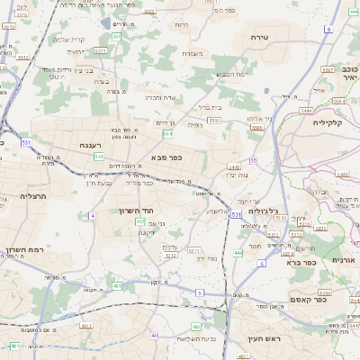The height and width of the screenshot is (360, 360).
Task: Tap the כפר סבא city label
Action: click(x=168, y=157)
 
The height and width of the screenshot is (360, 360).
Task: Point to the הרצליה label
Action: click(x=32, y=195)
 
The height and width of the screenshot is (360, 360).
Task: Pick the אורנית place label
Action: click(x=345, y=259)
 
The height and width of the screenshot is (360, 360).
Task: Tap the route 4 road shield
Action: click(x=92, y=216)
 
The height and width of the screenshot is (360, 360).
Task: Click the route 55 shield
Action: click(x=254, y=160)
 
